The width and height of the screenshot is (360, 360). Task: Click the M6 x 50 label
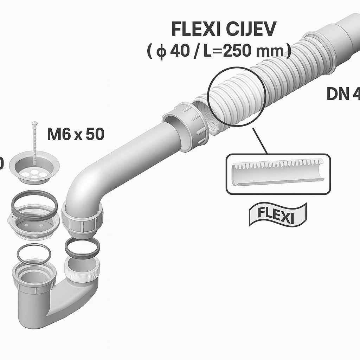(76, 134)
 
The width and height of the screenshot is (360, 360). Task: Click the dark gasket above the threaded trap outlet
(82, 247)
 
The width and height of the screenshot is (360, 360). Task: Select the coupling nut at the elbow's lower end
(82, 220)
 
